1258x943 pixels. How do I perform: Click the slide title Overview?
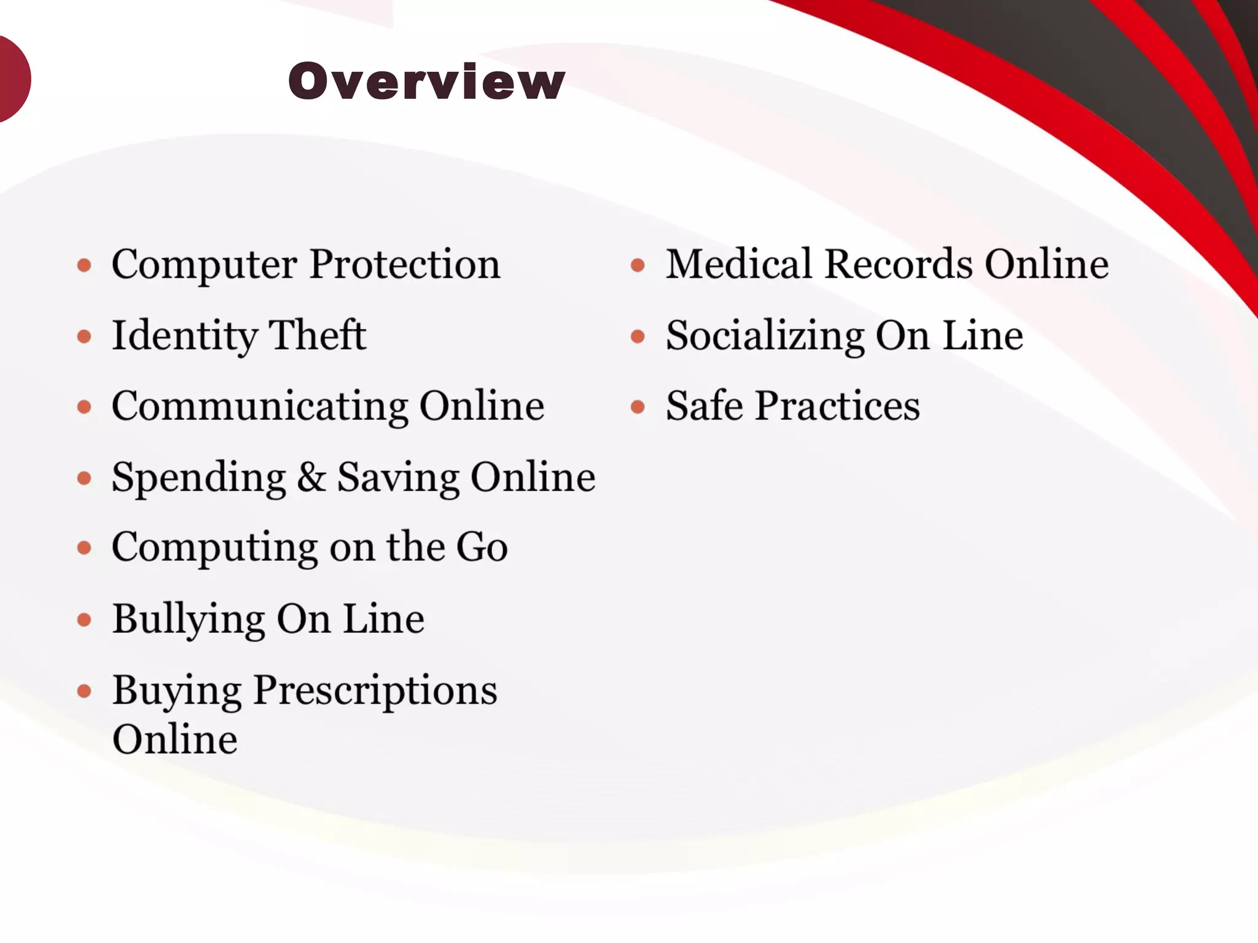(426, 81)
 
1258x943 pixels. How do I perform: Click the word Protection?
(405, 265)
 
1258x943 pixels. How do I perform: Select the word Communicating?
(260, 406)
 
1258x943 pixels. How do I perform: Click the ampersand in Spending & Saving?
(311, 477)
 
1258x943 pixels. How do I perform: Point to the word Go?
(482, 547)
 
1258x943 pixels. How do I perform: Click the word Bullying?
(189, 619)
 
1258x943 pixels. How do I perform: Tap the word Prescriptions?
(375, 690)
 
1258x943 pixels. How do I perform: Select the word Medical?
(739, 265)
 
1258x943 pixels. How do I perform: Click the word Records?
(899, 265)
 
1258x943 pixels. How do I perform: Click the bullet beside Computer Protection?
(85, 265)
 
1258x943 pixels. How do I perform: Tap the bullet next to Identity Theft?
(85, 336)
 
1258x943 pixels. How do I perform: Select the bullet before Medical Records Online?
(638, 265)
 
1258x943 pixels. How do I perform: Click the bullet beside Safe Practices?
(638, 406)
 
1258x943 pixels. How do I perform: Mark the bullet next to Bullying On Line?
(85, 619)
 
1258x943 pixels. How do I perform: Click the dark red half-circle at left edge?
(12, 79)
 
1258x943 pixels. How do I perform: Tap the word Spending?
(199, 478)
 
